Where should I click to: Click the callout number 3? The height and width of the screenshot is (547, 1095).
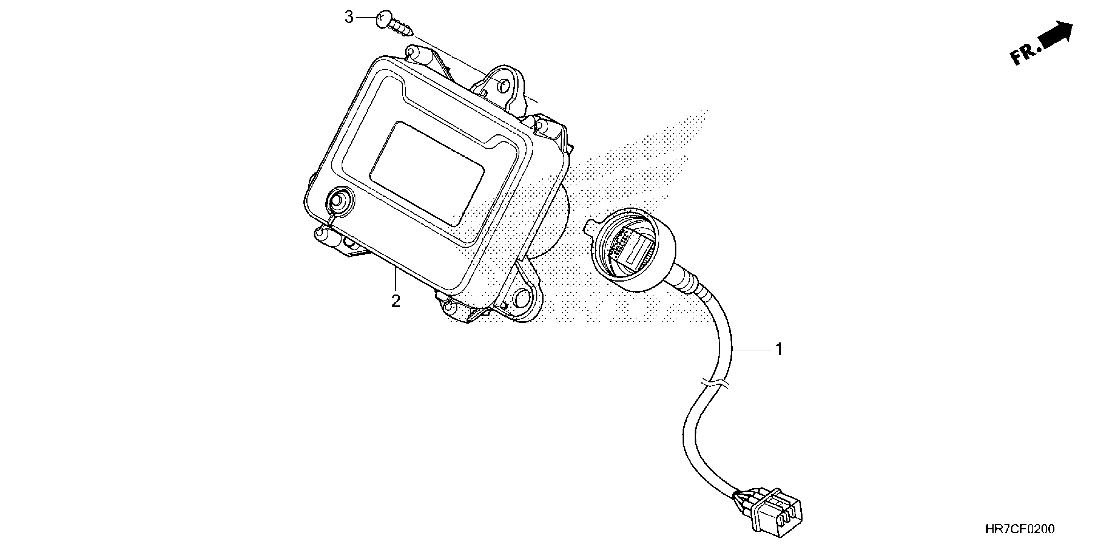(348, 18)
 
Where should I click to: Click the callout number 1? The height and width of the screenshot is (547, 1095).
(779, 349)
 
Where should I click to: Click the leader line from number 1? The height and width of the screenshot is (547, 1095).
(752, 349)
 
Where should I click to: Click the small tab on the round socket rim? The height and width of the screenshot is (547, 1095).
(593, 226)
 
